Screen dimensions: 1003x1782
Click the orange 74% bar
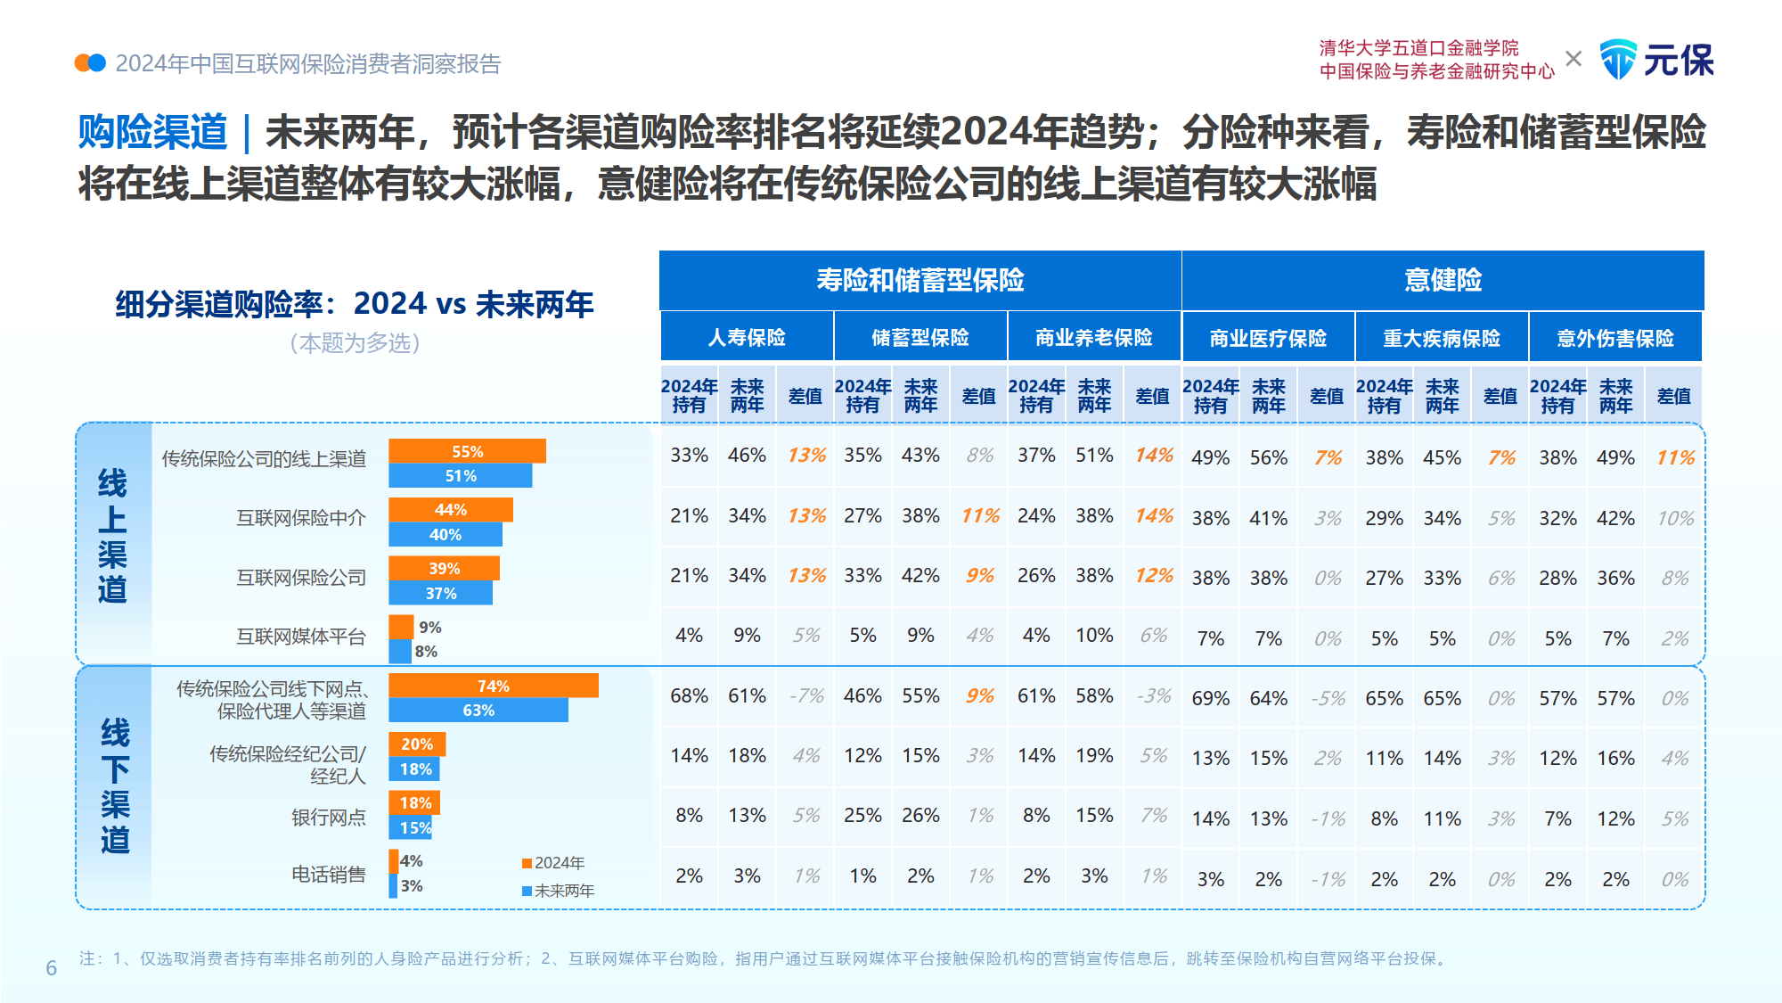[493, 686]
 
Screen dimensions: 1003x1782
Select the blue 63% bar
[478, 711]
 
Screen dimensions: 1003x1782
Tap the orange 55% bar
[467, 452]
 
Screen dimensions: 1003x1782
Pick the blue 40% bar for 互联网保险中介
[445, 535]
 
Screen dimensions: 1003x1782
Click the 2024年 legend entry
[553, 863]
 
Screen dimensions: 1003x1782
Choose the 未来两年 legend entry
[558, 891]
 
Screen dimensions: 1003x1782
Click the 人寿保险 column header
[747, 337]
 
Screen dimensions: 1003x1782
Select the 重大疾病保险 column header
[1442, 339]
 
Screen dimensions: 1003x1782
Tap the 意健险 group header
[1443, 280]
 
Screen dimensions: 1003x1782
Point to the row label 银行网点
[328, 818]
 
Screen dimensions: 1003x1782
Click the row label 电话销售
[328, 875]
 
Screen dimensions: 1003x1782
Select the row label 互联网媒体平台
[300, 637]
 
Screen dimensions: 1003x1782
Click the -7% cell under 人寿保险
[806, 695]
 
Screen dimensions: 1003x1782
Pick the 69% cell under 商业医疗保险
[1210, 698]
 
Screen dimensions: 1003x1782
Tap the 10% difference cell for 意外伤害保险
[1674, 518]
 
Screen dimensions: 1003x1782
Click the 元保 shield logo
[1618, 60]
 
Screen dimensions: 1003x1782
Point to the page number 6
[52, 968]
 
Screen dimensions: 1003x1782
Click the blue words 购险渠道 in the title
[152, 132]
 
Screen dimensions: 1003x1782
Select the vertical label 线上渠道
[112, 536]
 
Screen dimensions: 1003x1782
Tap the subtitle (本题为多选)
[355, 343]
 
